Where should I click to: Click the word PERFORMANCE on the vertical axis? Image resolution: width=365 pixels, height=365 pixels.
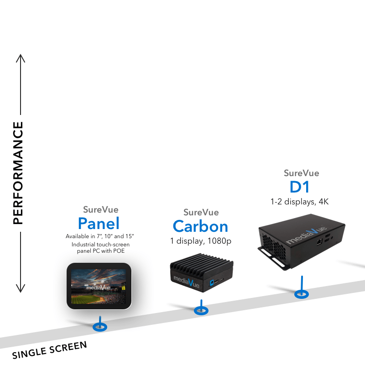click(x=18, y=173)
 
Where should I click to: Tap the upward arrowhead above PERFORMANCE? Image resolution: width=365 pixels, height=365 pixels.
click(x=20, y=58)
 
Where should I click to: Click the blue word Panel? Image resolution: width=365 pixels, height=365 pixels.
click(x=99, y=223)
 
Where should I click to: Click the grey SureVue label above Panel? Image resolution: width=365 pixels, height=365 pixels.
click(x=100, y=210)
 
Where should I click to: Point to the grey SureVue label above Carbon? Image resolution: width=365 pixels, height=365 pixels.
click(x=201, y=212)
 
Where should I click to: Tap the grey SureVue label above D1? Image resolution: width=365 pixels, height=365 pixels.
click(x=301, y=173)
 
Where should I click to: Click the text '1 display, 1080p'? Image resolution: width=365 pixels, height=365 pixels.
click(x=201, y=240)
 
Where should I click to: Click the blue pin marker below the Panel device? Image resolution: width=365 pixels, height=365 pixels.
click(x=99, y=327)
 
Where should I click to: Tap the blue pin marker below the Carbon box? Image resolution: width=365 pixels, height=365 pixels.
click(x=201, y=310)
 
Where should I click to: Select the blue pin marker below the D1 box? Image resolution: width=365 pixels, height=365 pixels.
click(x=301, y=293)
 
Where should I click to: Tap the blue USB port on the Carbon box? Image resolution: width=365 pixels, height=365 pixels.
click(x=211, y=283)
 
